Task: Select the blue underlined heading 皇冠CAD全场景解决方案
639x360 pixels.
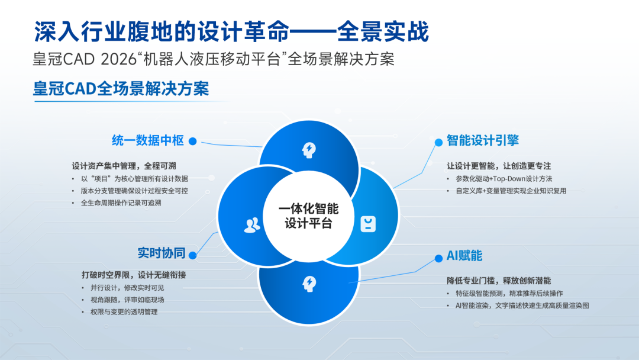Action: point(121,89)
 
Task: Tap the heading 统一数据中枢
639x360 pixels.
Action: point(148,140)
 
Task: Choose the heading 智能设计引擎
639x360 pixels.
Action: point(483,140)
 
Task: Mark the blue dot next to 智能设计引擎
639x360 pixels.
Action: point(438,142)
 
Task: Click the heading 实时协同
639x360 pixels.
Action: point(162,253)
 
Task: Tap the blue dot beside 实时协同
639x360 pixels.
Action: point(193,255)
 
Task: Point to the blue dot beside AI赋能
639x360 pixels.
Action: point(438,258)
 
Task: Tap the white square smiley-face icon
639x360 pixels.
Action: point(368,224)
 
